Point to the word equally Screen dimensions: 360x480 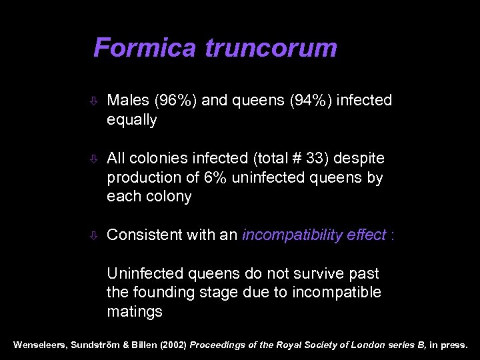(131, 120)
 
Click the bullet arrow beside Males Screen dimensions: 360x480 (95, 101)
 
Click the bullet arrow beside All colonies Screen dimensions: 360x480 (95, 159)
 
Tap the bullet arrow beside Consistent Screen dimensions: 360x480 (95, 235)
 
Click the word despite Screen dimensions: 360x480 (361, 158)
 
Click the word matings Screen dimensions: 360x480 (134, 312)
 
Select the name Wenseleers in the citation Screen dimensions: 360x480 (39, 346)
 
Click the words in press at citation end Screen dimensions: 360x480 (449, 346)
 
